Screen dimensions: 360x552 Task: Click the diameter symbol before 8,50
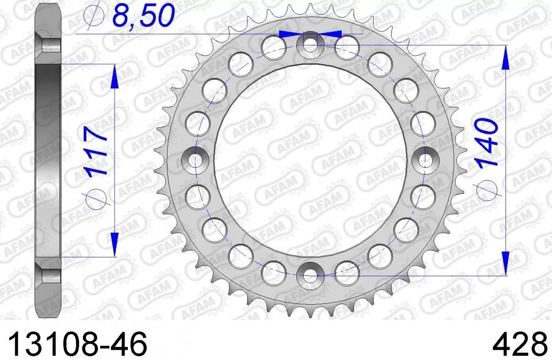[95, 17]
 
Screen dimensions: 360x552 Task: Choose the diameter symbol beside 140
[487, 188]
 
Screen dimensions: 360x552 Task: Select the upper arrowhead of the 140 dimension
[505, 58]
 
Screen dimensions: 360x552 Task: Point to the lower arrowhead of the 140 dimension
[505, 262]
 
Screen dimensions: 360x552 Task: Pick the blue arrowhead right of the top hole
[330, 34]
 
